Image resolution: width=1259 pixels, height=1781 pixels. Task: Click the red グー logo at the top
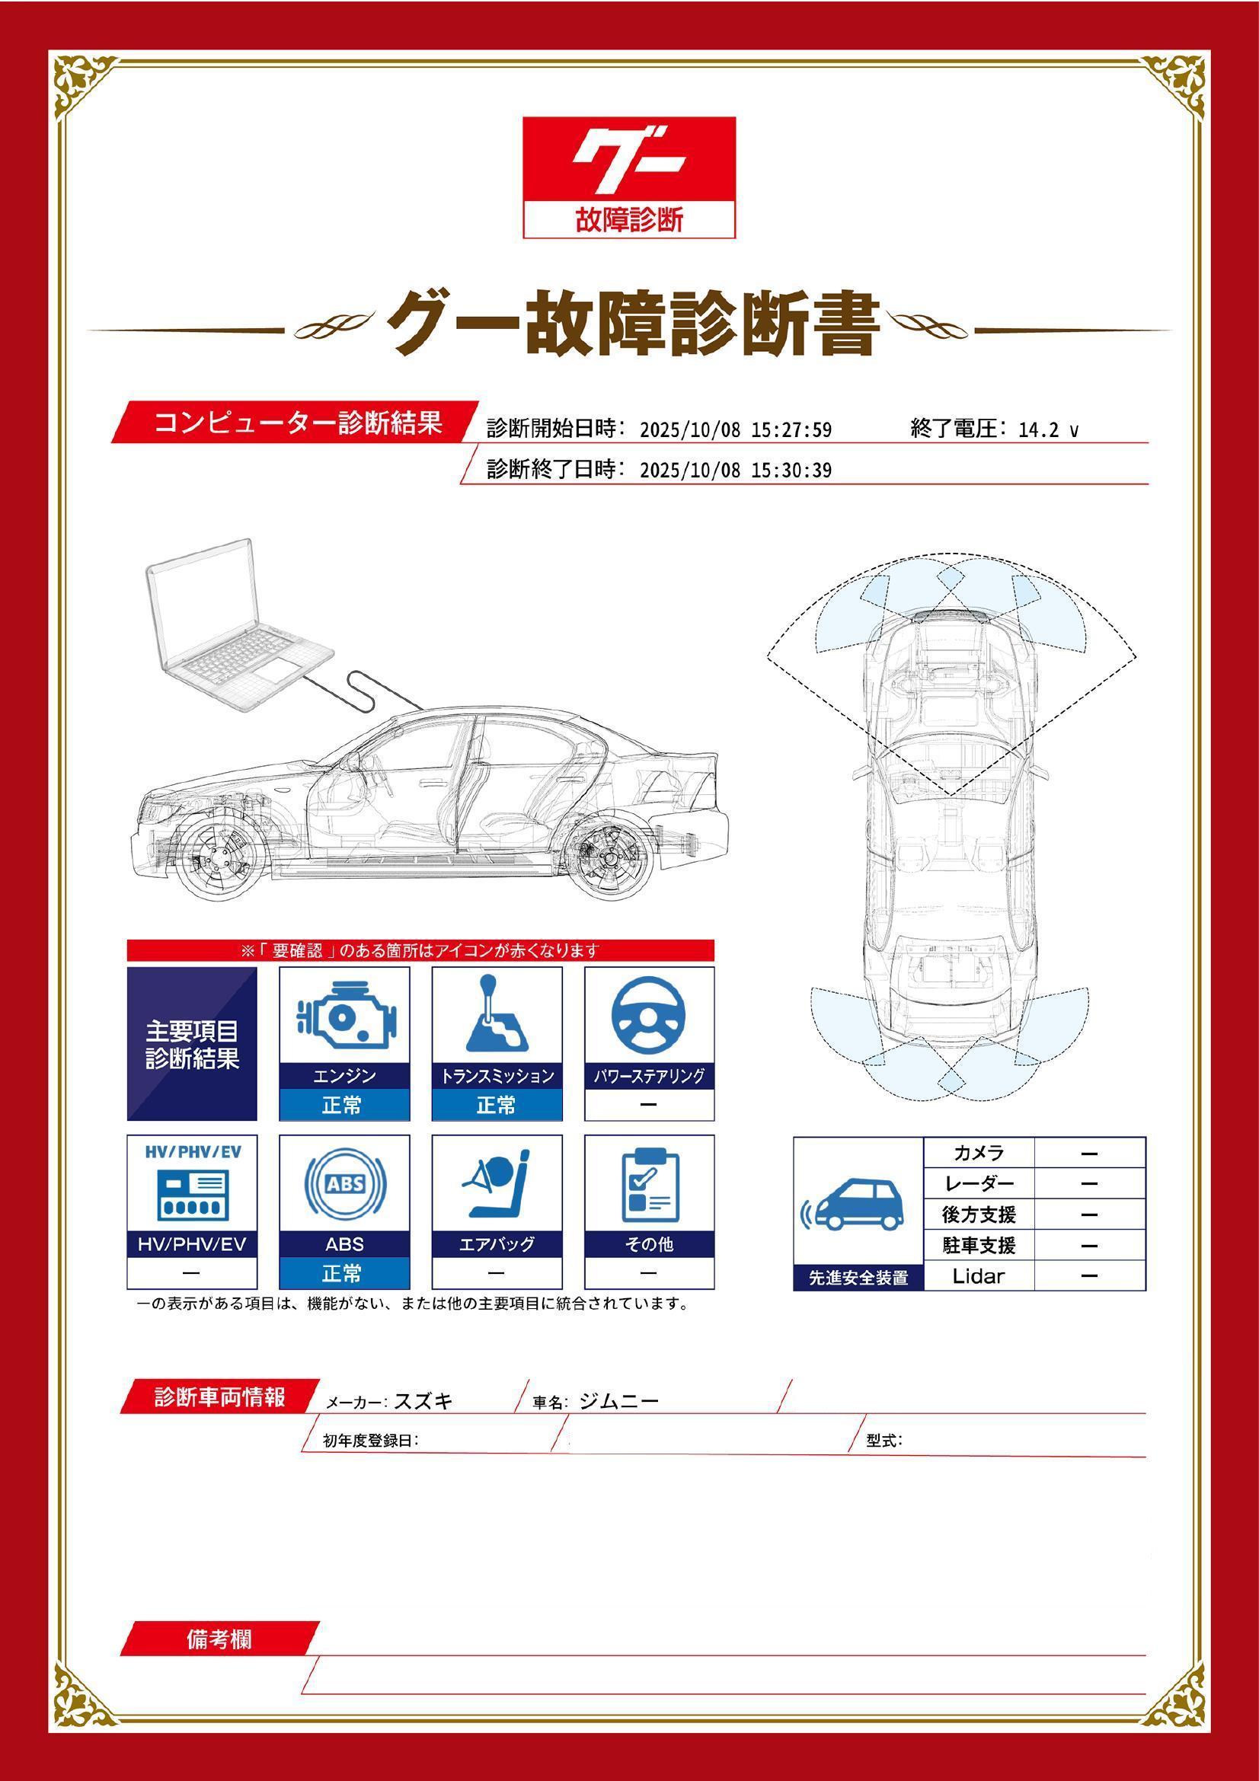click(628, 177)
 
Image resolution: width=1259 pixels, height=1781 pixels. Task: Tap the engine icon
click(344, 1017)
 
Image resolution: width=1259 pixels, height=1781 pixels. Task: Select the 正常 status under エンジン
click(344, 1105)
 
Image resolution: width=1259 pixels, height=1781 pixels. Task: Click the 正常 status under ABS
click(344, 1274)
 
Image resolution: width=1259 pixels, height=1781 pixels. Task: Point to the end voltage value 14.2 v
click(1048, 430)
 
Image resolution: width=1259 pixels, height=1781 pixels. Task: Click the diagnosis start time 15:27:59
click(791, 430)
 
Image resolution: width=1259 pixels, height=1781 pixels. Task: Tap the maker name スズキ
click(423, 1401)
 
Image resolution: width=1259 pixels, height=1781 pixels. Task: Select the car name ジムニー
click(619, 1401)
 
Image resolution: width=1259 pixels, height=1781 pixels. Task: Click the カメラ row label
click(979, 1153)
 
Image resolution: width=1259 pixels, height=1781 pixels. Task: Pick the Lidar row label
click(978, 1276)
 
